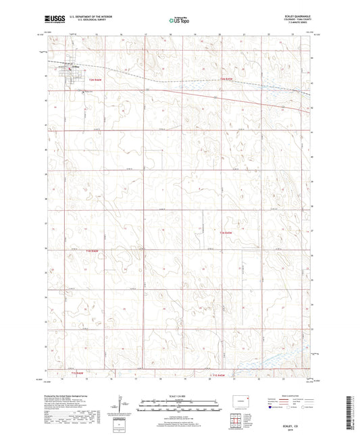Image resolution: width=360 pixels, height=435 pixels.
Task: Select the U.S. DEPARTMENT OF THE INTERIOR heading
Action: [91, 18]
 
